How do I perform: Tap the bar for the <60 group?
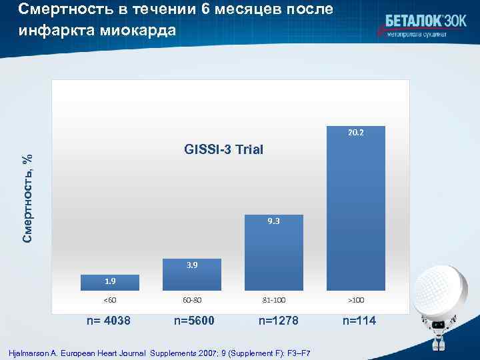pyautogui.click(x=109, y=283)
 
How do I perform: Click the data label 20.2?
pyautogui.click(x=355, y=133)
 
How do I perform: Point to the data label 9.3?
pyautogui.click(x=273, y=221)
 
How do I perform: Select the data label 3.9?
pyautogui.click(x=191, y=265)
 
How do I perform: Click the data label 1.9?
pyautogui.click(x=109, y=281)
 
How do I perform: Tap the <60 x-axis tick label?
pyautogui.click(x=109, y=300)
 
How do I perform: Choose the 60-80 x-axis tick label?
pyautogui.click(x=191, y=300)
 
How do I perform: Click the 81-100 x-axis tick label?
pyautogui.click(x=273, y=300)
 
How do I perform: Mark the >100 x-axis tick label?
pyautogui.click(x=355, y=300)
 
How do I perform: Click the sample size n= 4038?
pyautogui.click(x=109, y=321)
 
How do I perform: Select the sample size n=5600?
pyautogui.click(x=194, y=321)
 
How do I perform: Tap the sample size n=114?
pyautogui.click(x=359, y=321)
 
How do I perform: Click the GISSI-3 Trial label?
pyautogui.click(x=223, y=150)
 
